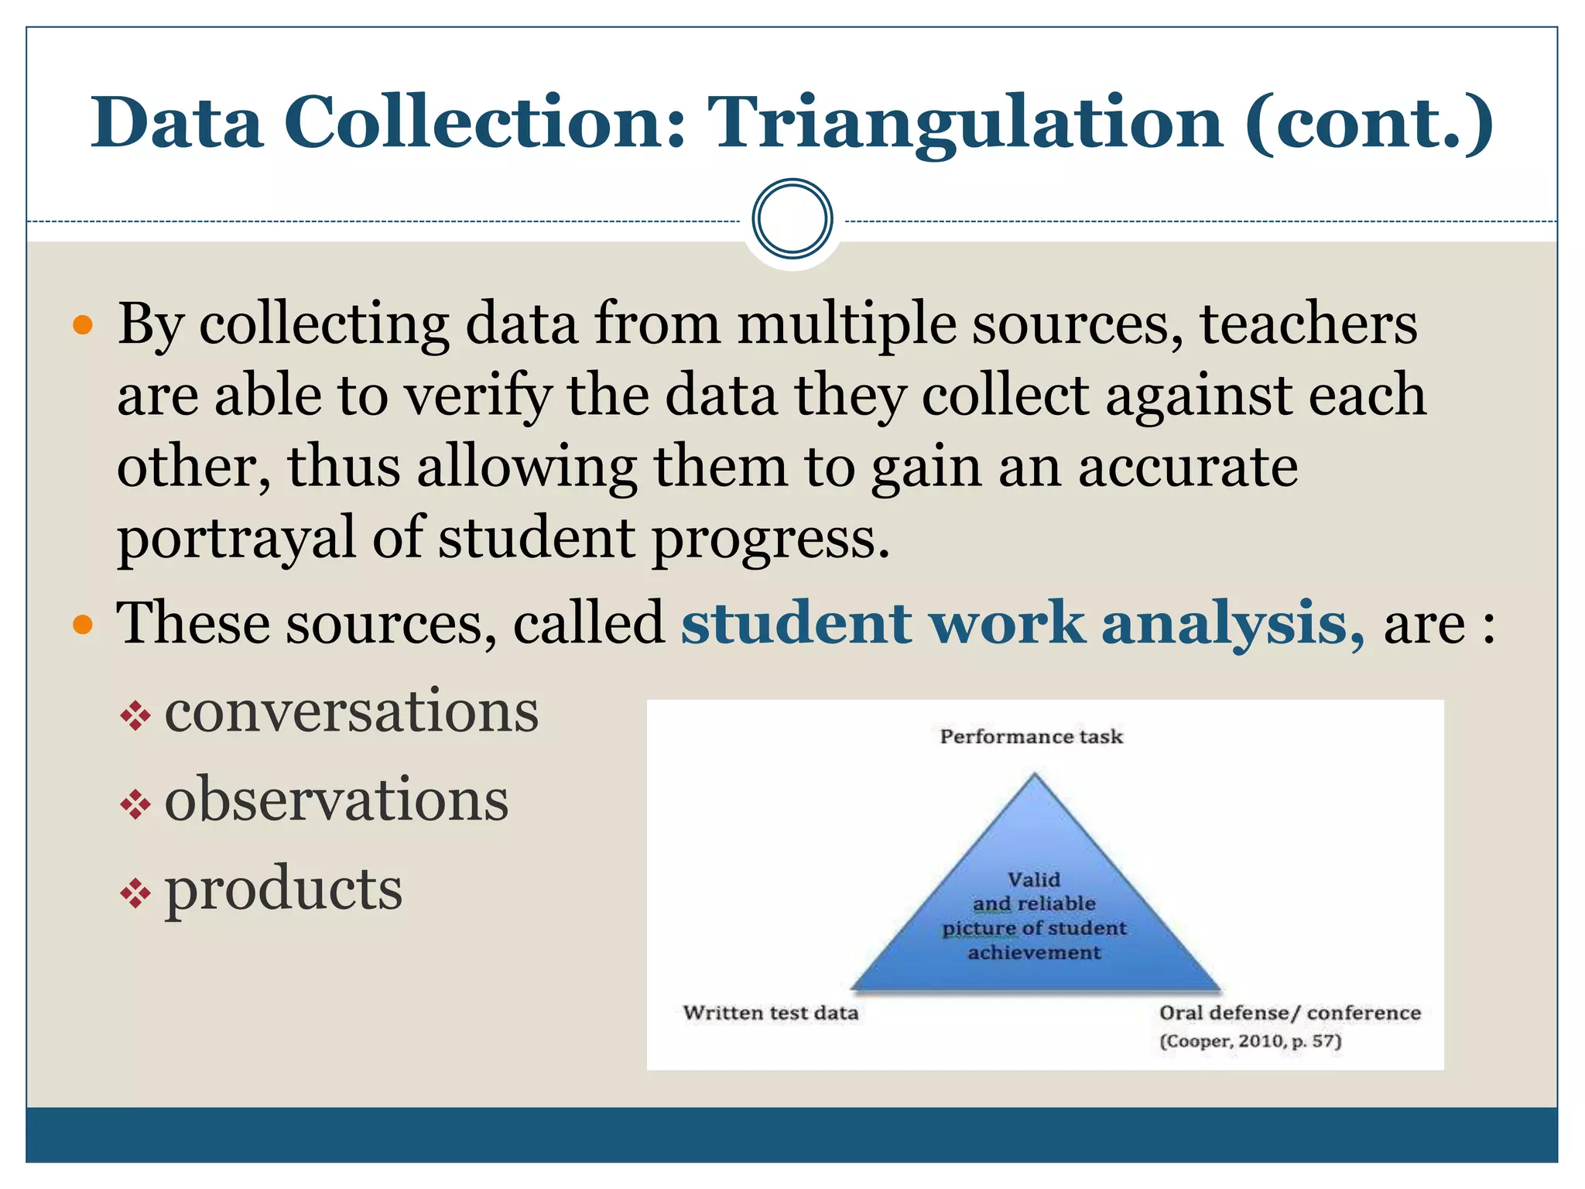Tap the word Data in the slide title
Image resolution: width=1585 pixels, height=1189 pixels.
(176, 122)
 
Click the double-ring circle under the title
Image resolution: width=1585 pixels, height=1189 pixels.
(792, 219)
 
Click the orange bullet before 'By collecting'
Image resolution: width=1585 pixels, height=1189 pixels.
(82, 324)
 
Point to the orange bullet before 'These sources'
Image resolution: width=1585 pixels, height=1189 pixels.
(82, 624)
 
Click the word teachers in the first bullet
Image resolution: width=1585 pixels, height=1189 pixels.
(1308, 324)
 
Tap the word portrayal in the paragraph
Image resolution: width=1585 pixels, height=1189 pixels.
(235, 538)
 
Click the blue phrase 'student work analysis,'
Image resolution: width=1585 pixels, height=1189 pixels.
(1022, 623)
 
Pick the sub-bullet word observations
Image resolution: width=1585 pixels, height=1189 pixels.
(337, 800)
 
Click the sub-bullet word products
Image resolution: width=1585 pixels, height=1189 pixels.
(283, 889)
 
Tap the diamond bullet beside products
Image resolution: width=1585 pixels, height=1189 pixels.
(135, 895)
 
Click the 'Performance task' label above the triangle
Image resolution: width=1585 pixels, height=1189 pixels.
(1031, 736)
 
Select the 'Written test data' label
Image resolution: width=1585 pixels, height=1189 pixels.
(771, 1013)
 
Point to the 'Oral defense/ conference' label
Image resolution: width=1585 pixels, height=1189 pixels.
(1289, 1013)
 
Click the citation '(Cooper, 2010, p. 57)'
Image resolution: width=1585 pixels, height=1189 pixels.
(1250, 1041)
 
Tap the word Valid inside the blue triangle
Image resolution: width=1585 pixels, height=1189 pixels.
(1034, 879)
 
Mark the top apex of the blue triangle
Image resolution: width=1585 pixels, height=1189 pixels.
(1035, 775)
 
